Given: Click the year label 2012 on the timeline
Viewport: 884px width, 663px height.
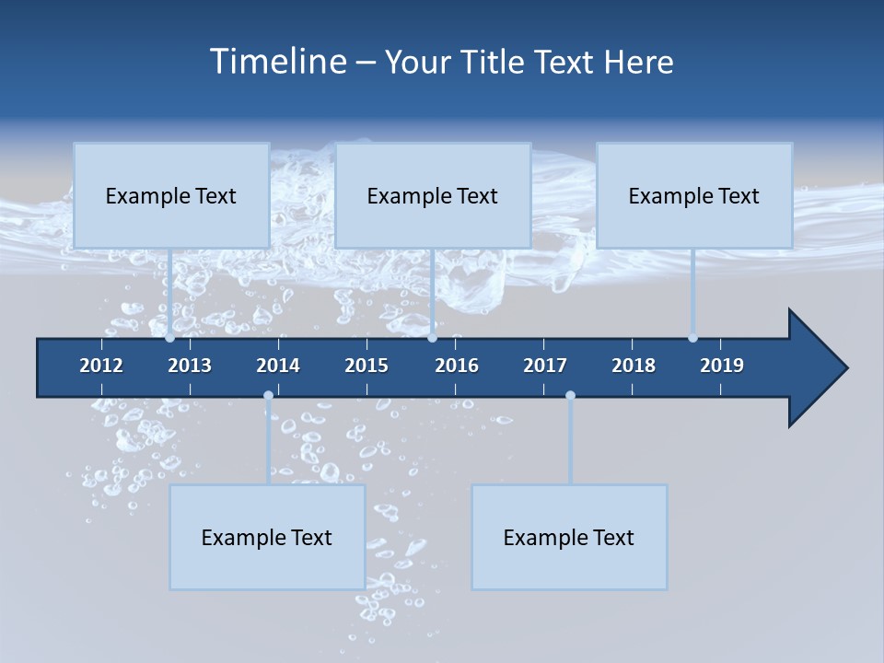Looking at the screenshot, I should pyautogui.click(x=101, y=366).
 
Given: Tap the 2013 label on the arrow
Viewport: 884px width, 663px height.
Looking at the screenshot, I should pyautogui.click(x=190, y=366).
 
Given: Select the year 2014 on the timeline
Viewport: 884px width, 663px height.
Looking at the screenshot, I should pyautogui.click(x=278, y=366).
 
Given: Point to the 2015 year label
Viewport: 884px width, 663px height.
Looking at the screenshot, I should pyautogui.click(x=366, y=366).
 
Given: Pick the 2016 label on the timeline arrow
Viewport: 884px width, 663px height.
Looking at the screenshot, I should pyautogui.click(x=457, y=366).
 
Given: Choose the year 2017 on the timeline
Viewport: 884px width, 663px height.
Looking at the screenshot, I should pyautogui.click(x=545, y=366).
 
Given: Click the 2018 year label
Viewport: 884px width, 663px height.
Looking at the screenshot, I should pyautogui.click(x=634, y=366).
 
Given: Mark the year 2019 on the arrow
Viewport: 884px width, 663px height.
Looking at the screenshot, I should pyautogui.click(x=722, y=366).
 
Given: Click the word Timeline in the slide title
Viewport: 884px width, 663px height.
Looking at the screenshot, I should pyautogui.click(x=277, y=62).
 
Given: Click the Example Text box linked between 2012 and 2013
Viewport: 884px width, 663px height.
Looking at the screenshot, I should pyautogui.click(x=171, y=195).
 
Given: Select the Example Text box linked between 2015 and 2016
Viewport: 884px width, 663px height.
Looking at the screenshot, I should pyautogui.click(x=433, y=195).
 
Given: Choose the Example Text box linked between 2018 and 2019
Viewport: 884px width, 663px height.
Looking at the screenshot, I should pyautogui.click(x=694, y=195).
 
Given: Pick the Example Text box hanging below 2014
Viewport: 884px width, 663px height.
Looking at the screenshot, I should pyautogui.click(x=267, y=537).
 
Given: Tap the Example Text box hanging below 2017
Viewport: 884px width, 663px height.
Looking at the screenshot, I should pyautogui.click(x=569, y=537).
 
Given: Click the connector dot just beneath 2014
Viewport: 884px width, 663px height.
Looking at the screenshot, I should pyautogui.click(x=268, y=396).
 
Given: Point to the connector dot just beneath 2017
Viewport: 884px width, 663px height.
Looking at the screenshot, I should pyautogui.click(x=570, y=396).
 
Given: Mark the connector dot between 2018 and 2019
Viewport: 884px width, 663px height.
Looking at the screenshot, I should pyautogui.click(x=692, y=338).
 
